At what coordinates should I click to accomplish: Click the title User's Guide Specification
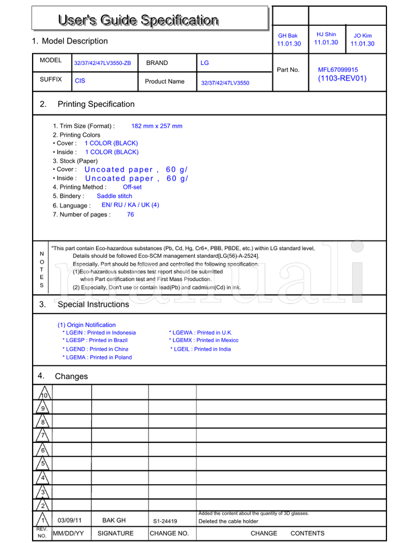tap(138, 20)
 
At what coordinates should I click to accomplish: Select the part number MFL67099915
tap(338, 69)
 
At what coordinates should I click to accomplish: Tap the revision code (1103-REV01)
tap(342, 79)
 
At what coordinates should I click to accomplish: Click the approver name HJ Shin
tap(326, 34)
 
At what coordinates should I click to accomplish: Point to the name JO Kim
tap(362, 36)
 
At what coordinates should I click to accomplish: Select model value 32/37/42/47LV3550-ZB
tap(102, 63)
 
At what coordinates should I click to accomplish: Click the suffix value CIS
tap(80, 81)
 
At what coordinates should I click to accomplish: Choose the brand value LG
tap(205, 63)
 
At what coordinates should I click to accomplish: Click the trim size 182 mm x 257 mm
tap(156, 126)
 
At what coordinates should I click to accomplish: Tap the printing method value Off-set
tap(132, 187)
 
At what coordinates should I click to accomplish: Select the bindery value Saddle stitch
tap(114, 196)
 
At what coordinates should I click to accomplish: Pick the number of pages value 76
tap(130, 214)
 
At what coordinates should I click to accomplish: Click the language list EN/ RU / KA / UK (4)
tap(130, 205)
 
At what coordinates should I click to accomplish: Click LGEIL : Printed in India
tap(202, 349)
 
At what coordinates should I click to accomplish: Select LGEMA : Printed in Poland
tap(97, 357)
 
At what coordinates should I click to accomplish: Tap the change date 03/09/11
tap(69, 520)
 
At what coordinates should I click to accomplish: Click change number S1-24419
tap(165, 522)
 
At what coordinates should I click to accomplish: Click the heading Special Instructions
tap(93, 305)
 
